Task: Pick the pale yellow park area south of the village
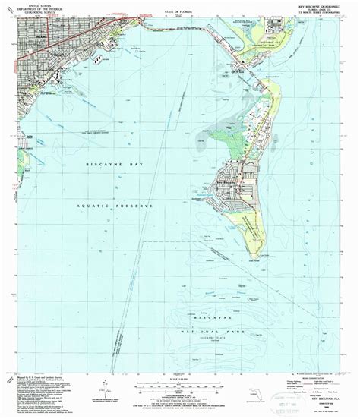click(x=251, y=228)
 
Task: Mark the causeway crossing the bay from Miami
click(x=152, y=27)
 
